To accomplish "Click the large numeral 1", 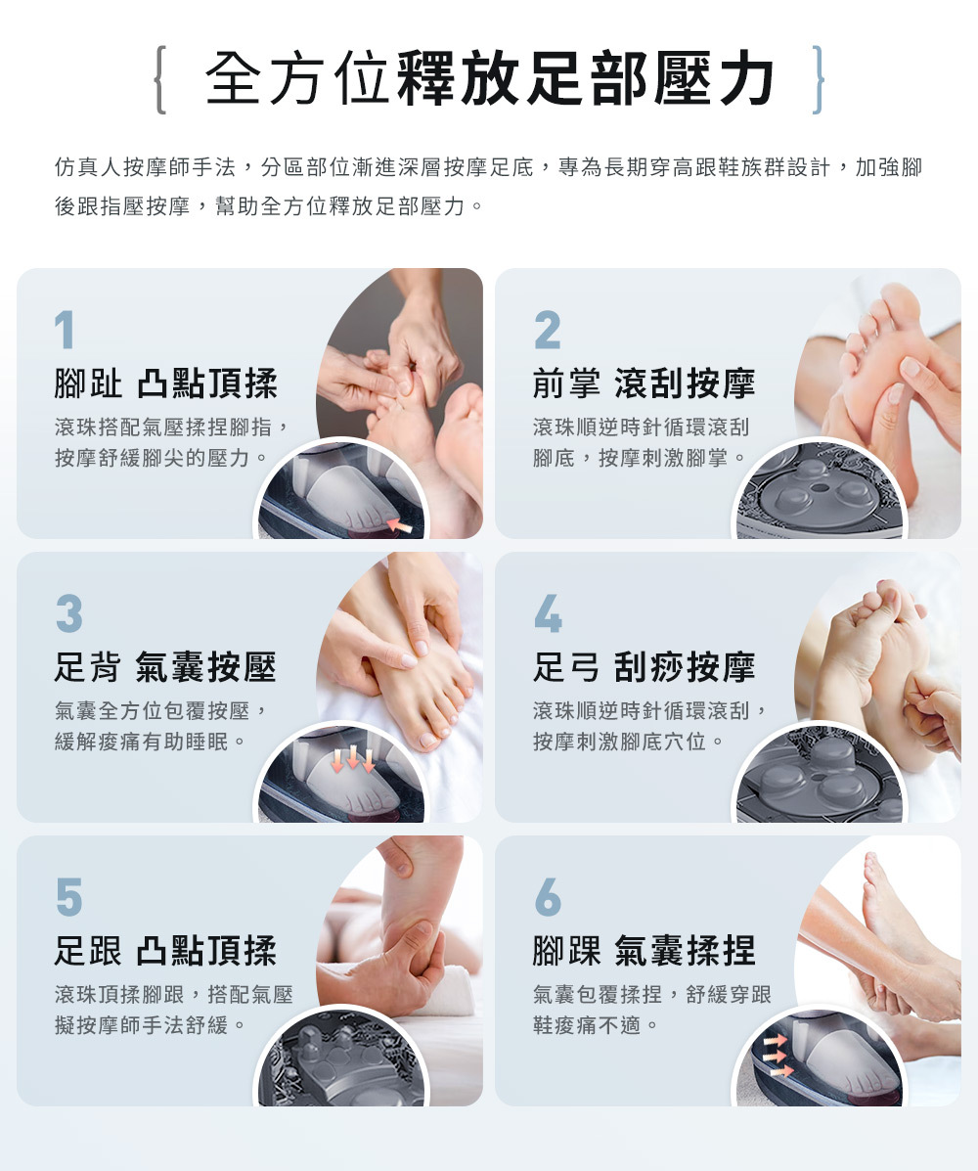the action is [x=65, y=330].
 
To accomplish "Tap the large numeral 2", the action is [x=548, y=330].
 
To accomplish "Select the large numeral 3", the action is [x=69, y=614].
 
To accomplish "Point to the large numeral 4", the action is [x=548, y=614].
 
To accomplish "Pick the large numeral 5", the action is [x=69, y=897].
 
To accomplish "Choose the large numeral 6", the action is [x=548, y=897].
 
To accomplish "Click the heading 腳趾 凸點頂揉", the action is [x=165, y=383].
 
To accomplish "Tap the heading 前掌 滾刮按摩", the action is [x=645, y=383].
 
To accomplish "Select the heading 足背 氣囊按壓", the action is [x=165, y=667].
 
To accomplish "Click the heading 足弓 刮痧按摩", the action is [x=645, y=667].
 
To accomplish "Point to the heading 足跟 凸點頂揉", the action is [x=165, y=951].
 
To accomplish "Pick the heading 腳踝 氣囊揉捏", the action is [x=645, y=951].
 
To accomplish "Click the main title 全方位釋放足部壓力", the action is [x=490, y=79].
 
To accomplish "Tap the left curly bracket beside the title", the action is [x=159, y=80].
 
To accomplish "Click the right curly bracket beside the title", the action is [x=819, y=80].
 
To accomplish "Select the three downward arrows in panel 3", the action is [x=353, y=759].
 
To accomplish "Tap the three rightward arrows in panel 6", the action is [x=777, y=1057].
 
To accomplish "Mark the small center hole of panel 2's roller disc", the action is [x=820, y=488].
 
